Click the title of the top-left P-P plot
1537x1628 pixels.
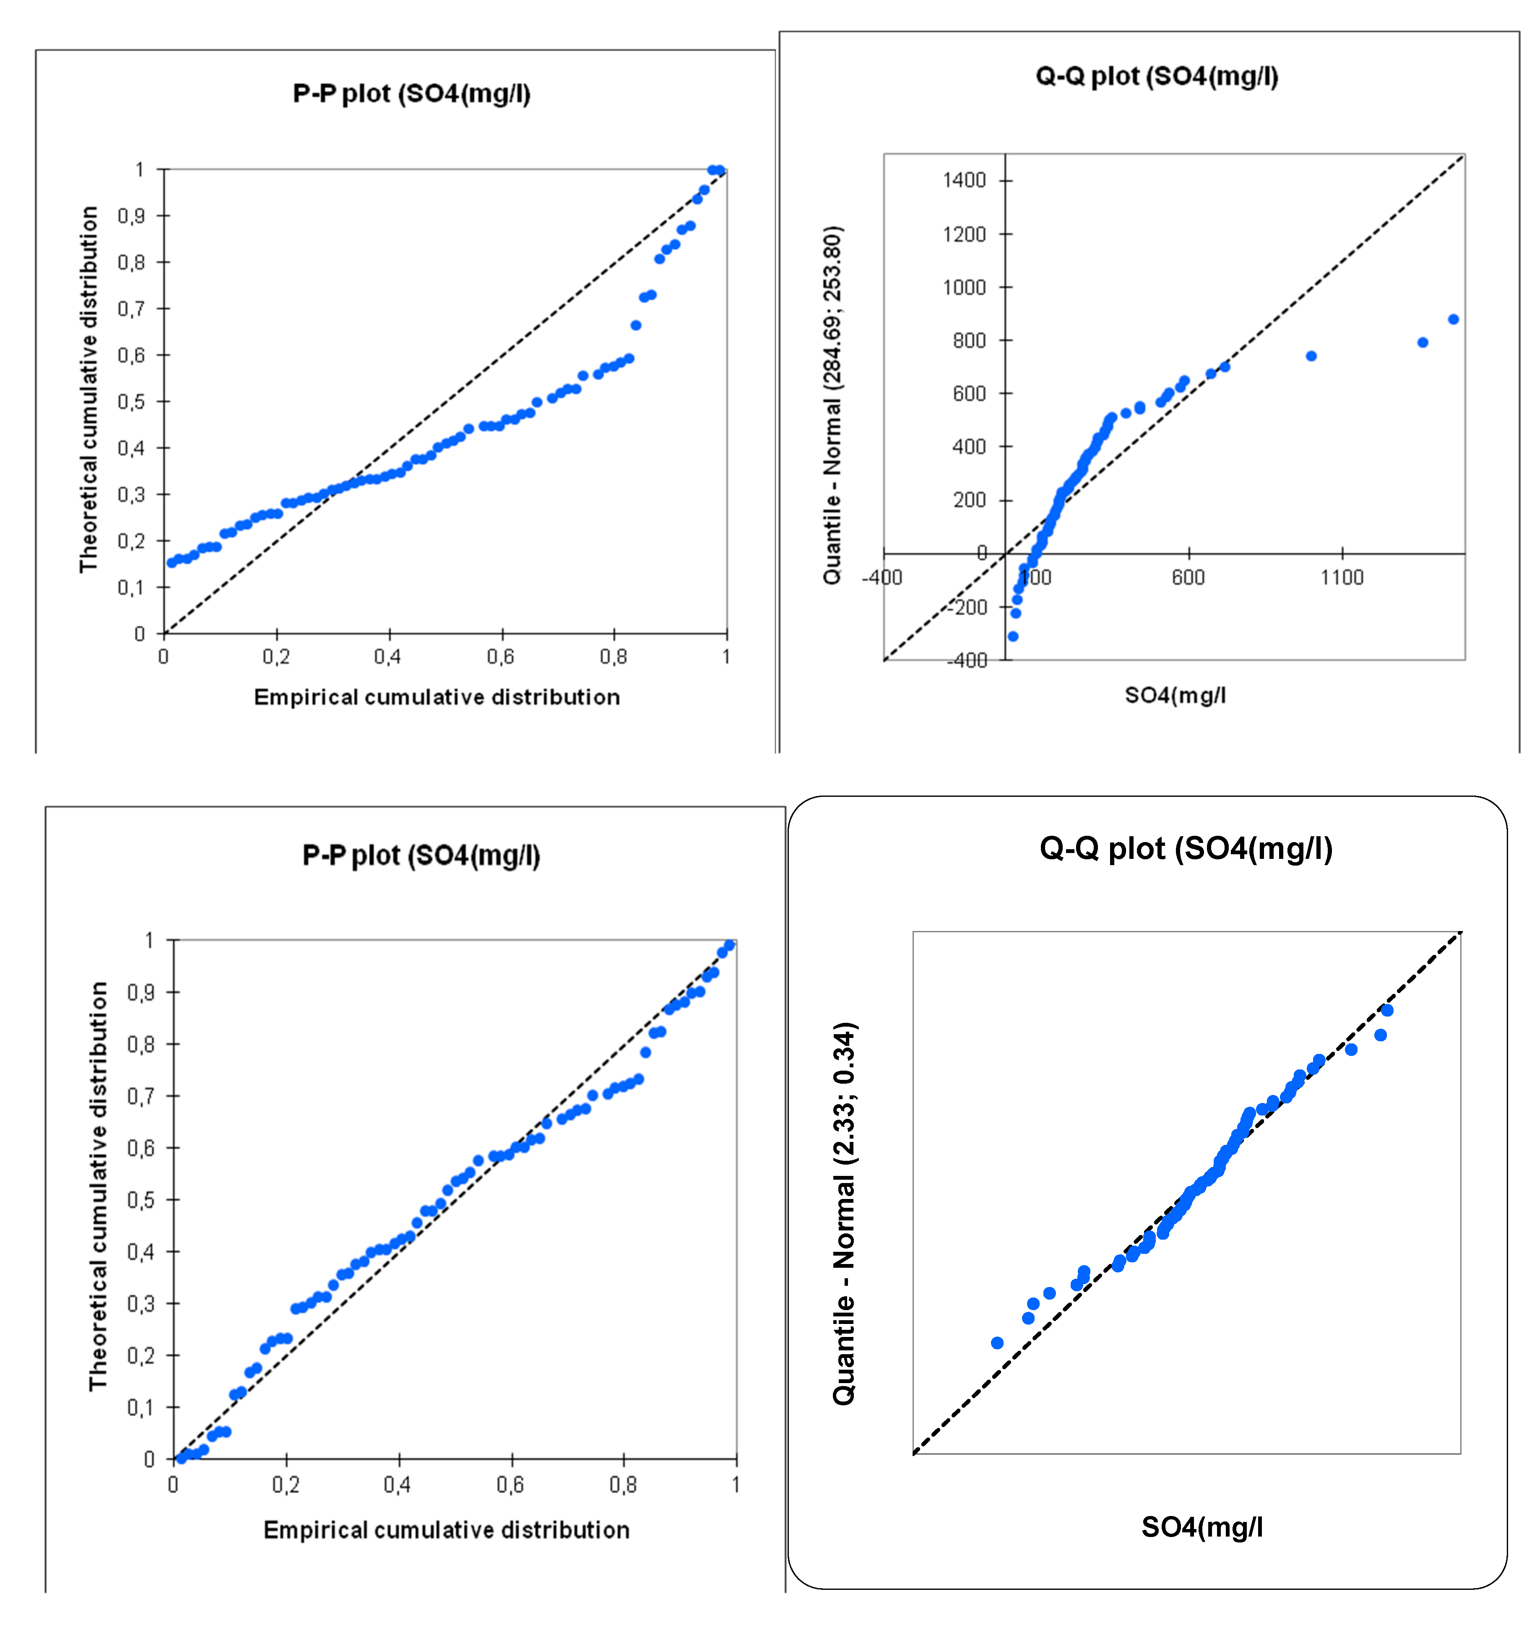pyautogui.click(x=411, y=94)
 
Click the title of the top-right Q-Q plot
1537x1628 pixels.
pyautogui.click(x=1156, y=76)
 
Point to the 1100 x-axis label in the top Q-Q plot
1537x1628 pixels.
pyautogui.click(x=1341, y=577)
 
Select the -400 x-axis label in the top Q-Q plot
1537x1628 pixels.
pyautogui.click(x=882, y=577)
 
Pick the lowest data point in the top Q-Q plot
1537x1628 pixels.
pyautogui.click(x=1013, y=636)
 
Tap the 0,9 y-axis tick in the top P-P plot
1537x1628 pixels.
pyautogui.click(x=131, y=216)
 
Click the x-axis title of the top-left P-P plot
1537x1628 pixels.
pyautogui.click(x=437, y=697)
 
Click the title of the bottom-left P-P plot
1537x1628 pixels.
pyautogui.click(x=421, y=856)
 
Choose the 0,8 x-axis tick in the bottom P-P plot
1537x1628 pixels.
pyautogui.click(x=623, y=1485)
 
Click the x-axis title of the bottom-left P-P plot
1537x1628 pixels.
pyautogui.click(x=447, y=1530)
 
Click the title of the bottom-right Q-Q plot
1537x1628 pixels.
pyautogui.click(x=1186, y=848)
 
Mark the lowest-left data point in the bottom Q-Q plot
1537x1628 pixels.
pyautogui.click(x=997, y=1343)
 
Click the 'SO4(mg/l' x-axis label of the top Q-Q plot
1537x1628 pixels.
pyautogui.click(x=1175, y=696)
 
